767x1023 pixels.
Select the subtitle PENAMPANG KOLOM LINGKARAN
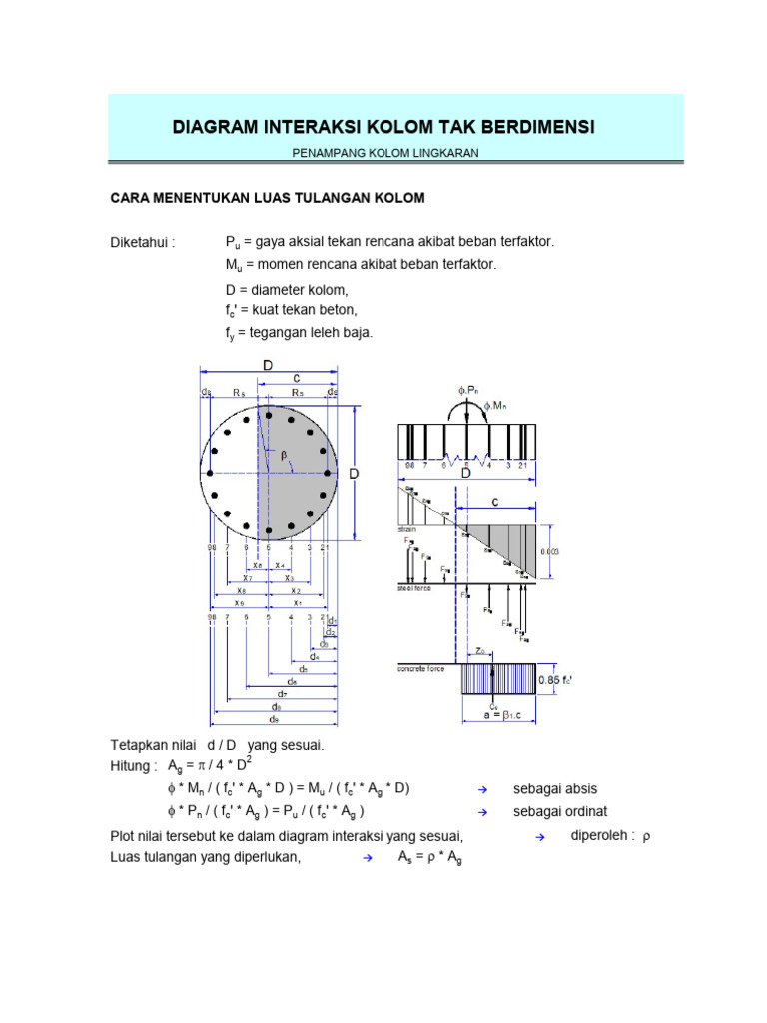[385, 152]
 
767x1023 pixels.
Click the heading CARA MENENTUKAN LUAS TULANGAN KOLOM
[267, 199]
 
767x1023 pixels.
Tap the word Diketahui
[142, 243]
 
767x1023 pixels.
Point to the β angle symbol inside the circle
[284, 455]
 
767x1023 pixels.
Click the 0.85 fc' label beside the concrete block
[555, 681]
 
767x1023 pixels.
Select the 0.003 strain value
[550, 549]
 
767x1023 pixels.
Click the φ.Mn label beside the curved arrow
[496, 405]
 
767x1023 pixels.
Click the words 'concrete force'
[419, 668]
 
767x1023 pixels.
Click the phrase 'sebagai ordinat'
[559, 811]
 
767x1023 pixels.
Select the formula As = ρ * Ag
[431, 857]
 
